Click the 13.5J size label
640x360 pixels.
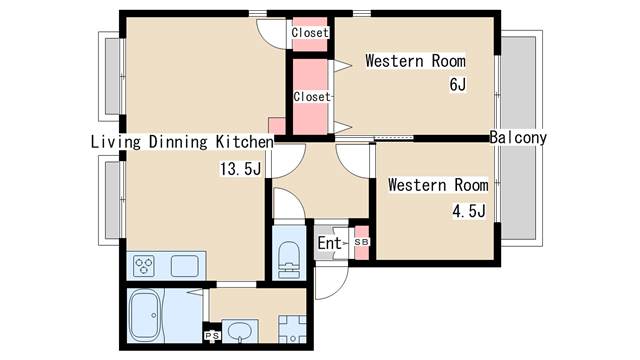(x=240, y=169)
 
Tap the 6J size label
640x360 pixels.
(x=458, y=84)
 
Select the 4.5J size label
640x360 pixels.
(x=469, y=211)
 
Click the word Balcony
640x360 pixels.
(x=518, y=138)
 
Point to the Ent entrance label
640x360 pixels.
(x=329, y=243)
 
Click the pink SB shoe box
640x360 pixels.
(x=362, y=242)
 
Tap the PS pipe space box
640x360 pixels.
(x=212, y=336)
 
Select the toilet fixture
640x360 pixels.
(x=289, y=259)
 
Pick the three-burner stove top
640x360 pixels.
(x=144, y=266)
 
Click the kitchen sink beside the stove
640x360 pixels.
(x=184, y=266)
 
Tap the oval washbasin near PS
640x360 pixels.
(x=240, y=331)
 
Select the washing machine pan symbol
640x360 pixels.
(x=292, y=329)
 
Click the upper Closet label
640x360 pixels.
(x=310, y=33)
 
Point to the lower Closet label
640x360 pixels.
(x=312, y=97)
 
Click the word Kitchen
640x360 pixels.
(x=244, y=142)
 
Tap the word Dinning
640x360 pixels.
(x=178, y=142)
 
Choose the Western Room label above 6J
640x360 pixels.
(x=415, y=61)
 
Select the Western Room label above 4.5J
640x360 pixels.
(x=438, y=185)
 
